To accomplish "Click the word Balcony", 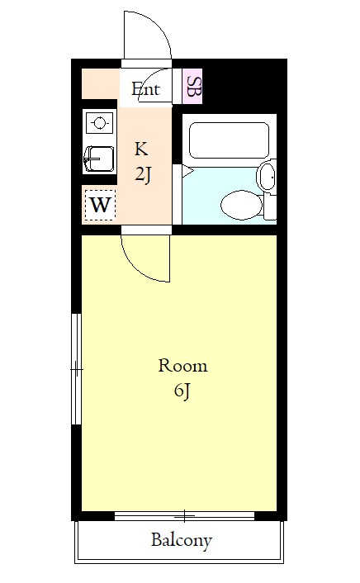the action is [182, 540].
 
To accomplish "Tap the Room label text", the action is [182, 366].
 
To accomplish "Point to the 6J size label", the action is [182, 391].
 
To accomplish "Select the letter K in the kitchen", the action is [141, 149].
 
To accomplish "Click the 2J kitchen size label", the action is [143, 174].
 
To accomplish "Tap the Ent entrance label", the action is [146, 89].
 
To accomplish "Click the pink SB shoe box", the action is [192, 86].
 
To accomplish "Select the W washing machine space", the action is [100, 205].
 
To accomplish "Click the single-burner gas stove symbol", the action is [99, 123].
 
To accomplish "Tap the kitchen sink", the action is [99, 159].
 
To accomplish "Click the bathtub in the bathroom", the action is [229, 140].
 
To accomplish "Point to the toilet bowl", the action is [241, 205].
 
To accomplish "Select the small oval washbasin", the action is [267, 177].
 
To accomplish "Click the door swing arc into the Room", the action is [139, 266].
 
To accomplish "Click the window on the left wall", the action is [76, 369].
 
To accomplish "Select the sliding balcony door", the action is [184, 516].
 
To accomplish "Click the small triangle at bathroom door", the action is [187, 172].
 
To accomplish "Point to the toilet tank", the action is [271, 206].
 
